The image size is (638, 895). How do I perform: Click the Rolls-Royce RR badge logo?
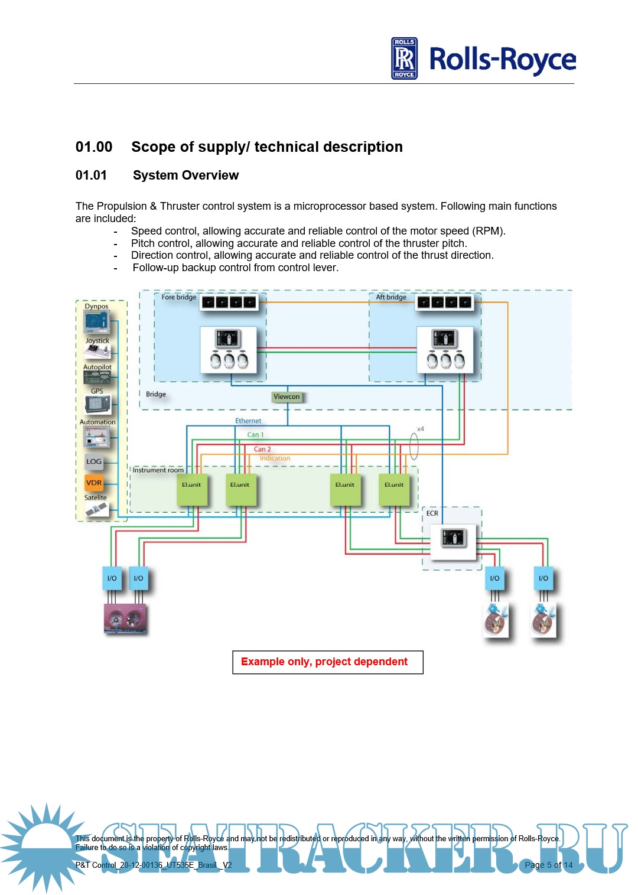coord(404,58)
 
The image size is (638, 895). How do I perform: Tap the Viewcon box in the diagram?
coord(287,397)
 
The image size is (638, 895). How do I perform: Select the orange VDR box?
coord(94,483)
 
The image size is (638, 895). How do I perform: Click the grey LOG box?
coord(94,461)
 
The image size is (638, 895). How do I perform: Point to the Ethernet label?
coord(248,421)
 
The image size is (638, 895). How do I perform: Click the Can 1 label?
coord(255,435)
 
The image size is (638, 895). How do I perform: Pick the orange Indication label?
coord(275,458)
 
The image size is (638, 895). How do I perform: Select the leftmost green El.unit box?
coord(191,489)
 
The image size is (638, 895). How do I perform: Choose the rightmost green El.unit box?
coord(394,489)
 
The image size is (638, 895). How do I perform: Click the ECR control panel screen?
coord(453,538)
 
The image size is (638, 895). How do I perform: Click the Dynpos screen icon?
coord(96,322)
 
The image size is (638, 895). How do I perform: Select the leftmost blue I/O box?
coord(112,578)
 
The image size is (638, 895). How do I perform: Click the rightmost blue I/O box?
coord(543,578)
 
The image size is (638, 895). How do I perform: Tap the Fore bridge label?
coord(179,297)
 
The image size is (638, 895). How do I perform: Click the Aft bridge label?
coord(391,297)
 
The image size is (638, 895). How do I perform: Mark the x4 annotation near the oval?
coord(421,429)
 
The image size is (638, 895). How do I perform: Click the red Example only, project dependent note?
coord(324,662)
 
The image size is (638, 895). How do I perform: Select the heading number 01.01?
coord(91,175)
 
